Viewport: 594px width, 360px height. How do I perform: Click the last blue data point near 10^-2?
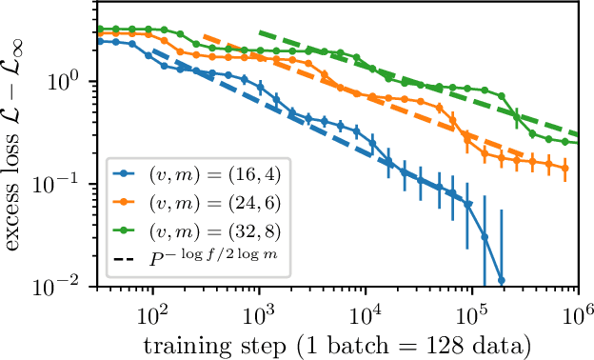502,280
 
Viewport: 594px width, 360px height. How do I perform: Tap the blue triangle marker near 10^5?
467,204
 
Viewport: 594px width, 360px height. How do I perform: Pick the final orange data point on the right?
565,168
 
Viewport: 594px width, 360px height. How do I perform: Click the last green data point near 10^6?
565,142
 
